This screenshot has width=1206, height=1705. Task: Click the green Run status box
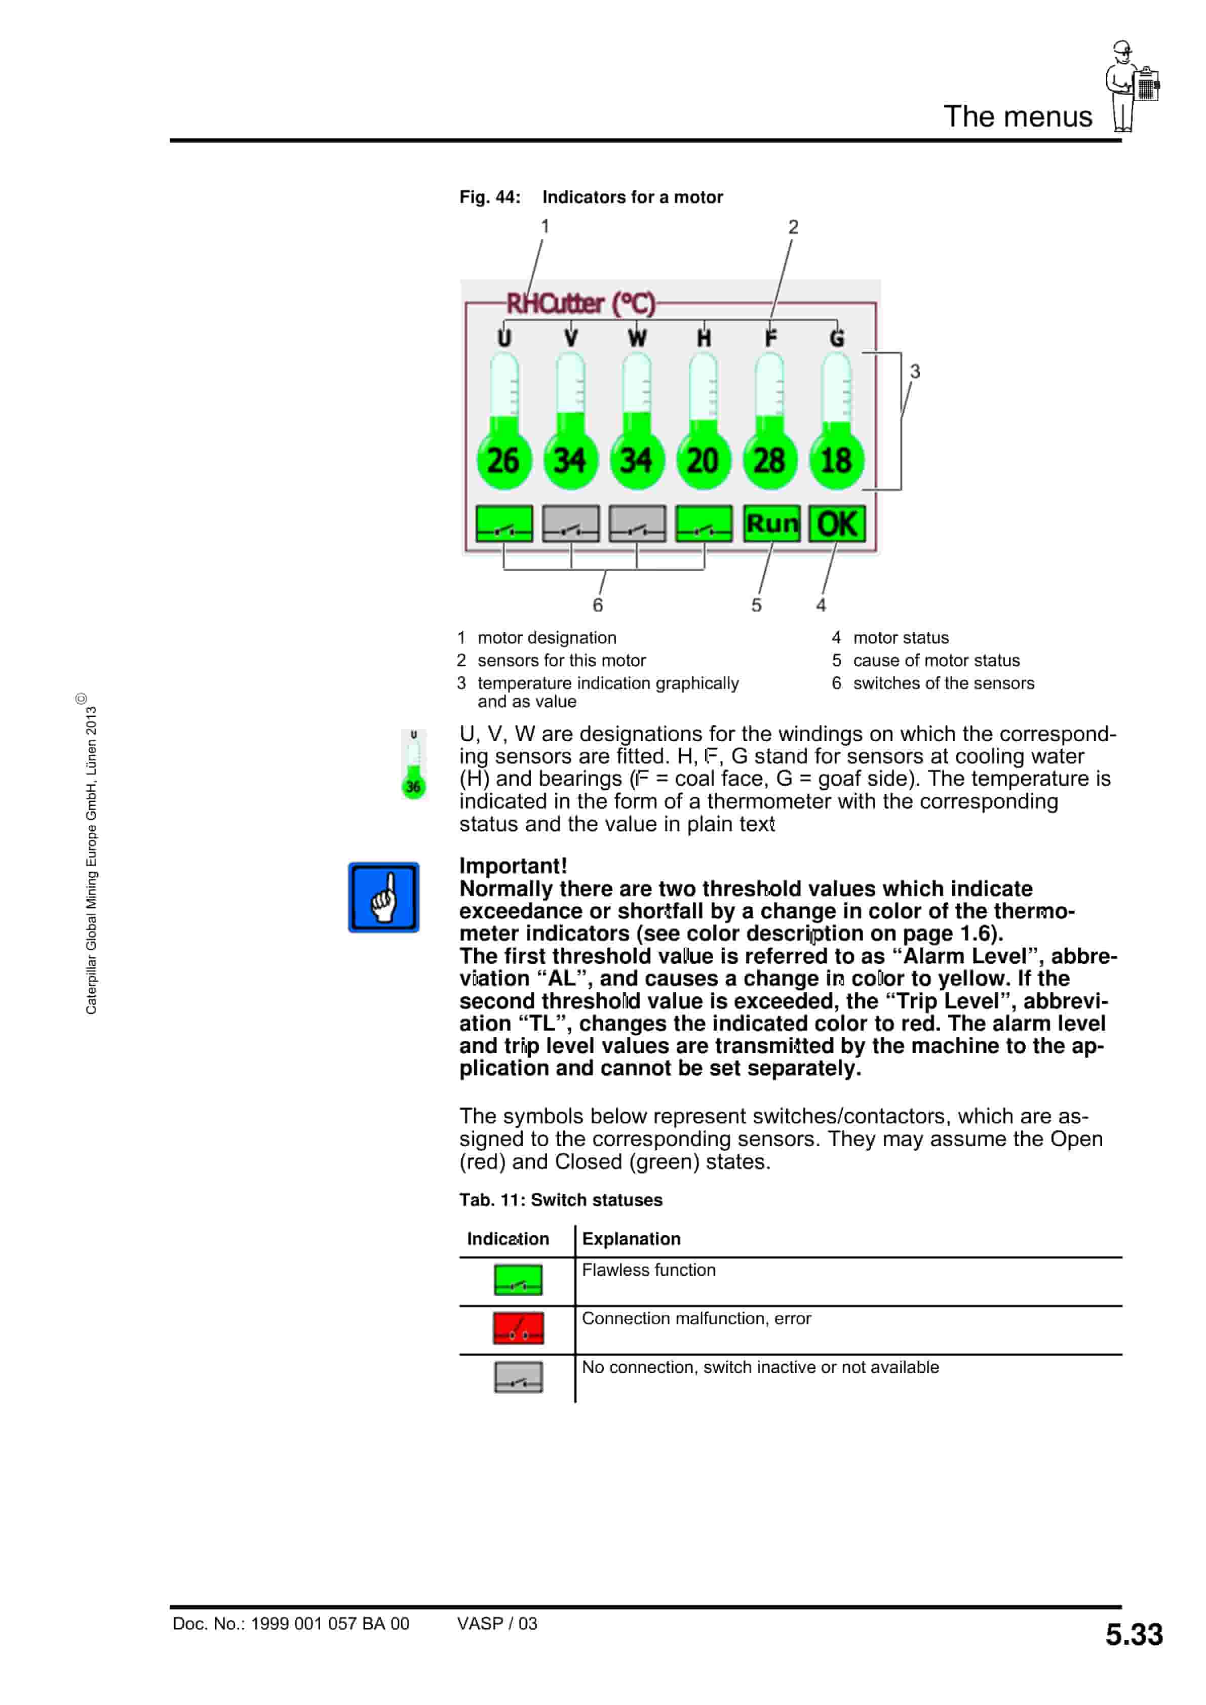pos(771,523)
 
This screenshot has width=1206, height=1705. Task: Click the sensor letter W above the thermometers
pos(637,339)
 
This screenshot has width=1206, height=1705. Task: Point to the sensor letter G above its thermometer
pos(837,339)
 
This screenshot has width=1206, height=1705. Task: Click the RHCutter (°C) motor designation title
pos(580,303)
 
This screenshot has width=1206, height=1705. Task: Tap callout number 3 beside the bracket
pos(915,371)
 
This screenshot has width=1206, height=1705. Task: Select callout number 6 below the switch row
pos(597,605)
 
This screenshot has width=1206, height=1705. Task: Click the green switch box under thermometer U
pos(504,523)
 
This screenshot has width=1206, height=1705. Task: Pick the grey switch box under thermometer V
pos(571,523)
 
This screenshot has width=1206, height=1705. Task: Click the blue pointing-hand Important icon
pos(383,897)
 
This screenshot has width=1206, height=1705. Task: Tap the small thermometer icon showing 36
pos(414,765)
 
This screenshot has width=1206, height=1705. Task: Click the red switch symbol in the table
pos(518,1328)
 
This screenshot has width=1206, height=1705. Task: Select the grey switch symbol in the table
pos(518,1377)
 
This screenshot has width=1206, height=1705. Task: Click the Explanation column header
pos(631,1239)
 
